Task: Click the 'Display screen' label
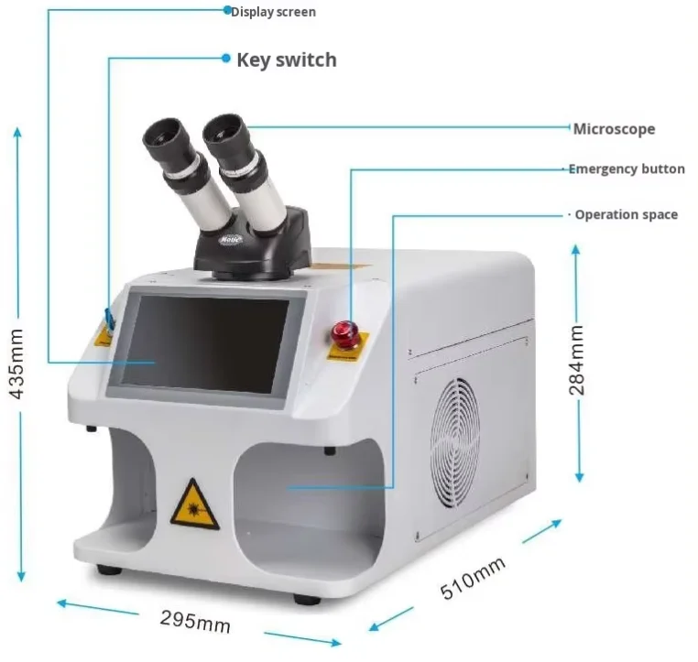(273, 12)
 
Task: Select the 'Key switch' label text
(286, 60)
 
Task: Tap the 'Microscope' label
(614, 129)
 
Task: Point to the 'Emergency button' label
(626, 169)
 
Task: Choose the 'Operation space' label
(626, 214)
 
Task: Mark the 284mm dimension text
(576, 360)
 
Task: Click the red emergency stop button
(346, 332)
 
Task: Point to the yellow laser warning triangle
(194, 503)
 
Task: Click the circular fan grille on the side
(455, 430)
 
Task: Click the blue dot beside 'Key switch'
(226, 58)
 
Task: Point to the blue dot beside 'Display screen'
(227, 11)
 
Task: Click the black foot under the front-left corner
(109, 570)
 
